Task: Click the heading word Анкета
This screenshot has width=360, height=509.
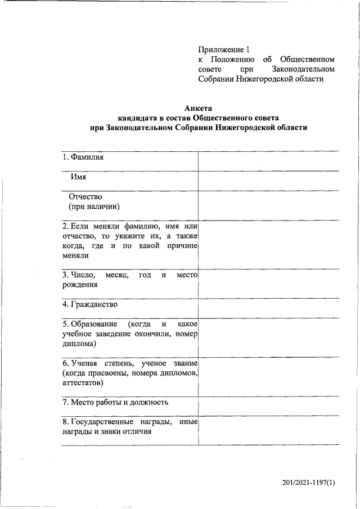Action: tap(199, 108)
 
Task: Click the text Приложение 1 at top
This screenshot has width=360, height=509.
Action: tap(223, 49)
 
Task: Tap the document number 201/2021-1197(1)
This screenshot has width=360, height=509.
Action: tap(309, 483)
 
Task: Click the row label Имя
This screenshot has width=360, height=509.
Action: tap(78, 177)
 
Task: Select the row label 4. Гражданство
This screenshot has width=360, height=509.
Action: tap(90, 304)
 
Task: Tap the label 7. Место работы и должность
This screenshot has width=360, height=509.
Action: tap(115, 402)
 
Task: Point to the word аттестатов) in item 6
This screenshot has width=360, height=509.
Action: tap(83, 382)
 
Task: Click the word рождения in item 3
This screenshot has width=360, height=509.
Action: tap(79, 285)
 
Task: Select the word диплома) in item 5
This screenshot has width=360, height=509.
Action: tap(79, 343)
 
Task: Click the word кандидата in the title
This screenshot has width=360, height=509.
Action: tap(137, 118)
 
